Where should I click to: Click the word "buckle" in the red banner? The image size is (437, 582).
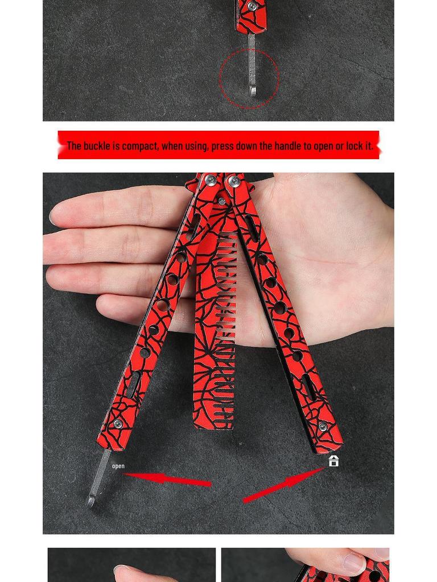(x=97, y=145)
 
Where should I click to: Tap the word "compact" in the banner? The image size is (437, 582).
(x=140, y=145)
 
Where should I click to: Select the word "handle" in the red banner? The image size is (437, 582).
(x=288, y=145)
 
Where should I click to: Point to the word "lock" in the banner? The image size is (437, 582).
(x=353, y=145)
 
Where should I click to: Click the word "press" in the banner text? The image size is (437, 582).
(x=222, y=146)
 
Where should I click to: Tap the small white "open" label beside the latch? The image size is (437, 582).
(x=118, y=466)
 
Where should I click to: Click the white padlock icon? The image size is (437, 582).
(x=333, y=461)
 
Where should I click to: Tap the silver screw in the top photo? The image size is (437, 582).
(x=252, y=7)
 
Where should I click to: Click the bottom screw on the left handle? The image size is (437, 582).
(x=118, y=424)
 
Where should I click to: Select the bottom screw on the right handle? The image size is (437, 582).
(x=323, y=427)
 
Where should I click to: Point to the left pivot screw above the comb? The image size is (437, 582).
(x=211, y=180)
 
